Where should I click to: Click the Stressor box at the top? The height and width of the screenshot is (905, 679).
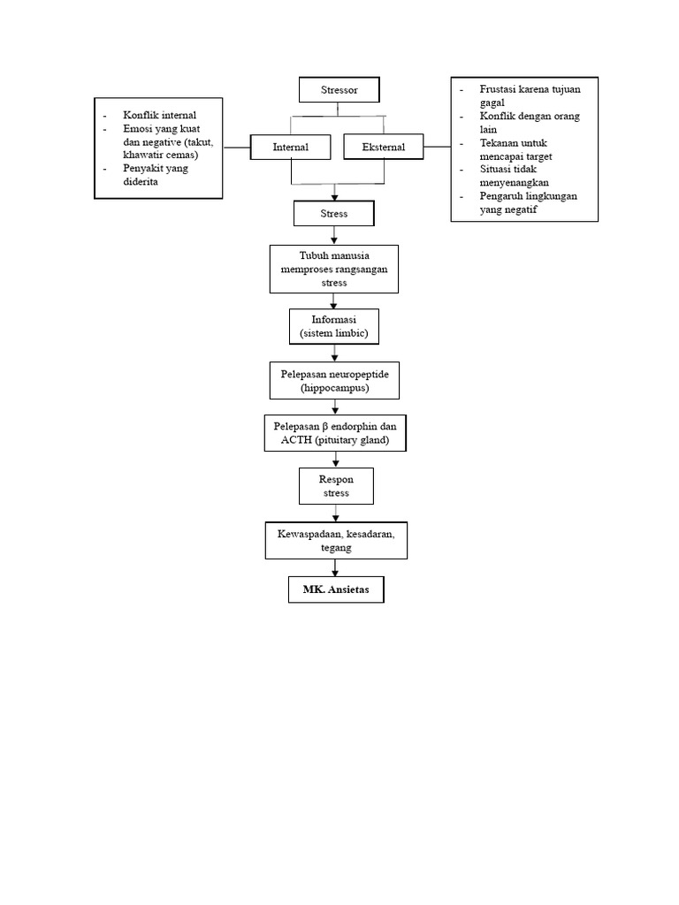[x=339, y=90]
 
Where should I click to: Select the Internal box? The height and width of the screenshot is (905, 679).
[x=291, y=148]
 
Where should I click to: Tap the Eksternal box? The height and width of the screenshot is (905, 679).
[x=383, y=148]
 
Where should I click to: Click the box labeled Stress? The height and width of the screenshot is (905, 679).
[x=334, y=213]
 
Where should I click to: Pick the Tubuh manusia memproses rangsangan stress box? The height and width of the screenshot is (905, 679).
[x=334, y=269]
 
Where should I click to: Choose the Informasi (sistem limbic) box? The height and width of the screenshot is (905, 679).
[x=334, y=326]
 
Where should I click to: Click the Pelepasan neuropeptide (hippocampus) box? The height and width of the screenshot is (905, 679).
[x=334, y=381]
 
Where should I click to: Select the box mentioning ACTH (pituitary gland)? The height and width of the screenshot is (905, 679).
[x=334, y=433]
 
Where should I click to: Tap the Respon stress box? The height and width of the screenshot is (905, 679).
[x=335, y=486]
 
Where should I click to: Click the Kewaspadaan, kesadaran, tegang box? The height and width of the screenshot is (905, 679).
[x=336, y=541]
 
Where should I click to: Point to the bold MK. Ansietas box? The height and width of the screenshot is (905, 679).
[x=336, y=589]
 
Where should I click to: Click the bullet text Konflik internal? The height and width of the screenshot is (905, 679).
[x=160, y=116]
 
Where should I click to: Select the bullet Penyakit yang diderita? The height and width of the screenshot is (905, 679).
[x=156, y=174]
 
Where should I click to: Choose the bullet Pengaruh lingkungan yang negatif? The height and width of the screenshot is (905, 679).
[x=528, y=202]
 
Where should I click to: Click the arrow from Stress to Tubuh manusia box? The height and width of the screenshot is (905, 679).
[x=334, y=235]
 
